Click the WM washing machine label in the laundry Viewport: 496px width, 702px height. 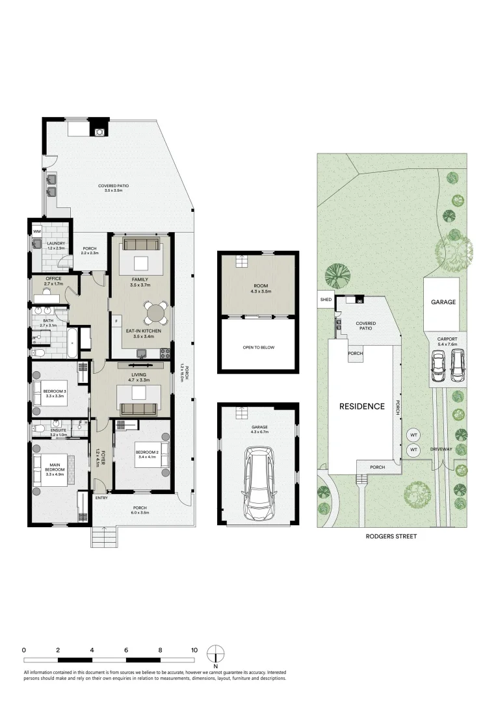click(36, 231)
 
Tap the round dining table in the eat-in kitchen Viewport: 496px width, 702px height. click(155, 313)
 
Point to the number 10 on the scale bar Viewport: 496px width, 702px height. click(194, 649)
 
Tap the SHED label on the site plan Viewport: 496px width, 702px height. click(326, 300)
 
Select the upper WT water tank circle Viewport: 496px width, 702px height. click(413, 435)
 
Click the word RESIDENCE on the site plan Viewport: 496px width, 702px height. click(361, 406)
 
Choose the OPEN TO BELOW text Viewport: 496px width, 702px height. click(258, 348)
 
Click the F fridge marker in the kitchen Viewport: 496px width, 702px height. click(118, 321)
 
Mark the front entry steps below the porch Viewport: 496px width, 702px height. click(104, 537)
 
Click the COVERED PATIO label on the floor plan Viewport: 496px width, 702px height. click(113, 186)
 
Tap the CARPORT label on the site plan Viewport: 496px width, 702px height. click(447, 339)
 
